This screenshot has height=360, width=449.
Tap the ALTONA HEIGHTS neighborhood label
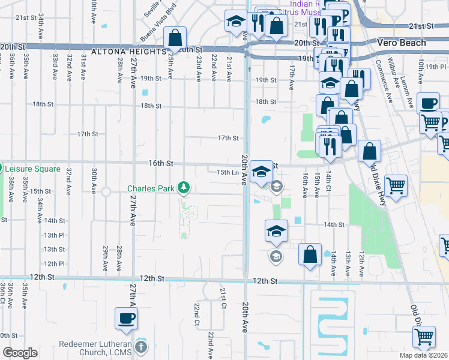click(x=142, y=52)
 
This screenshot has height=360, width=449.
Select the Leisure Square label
click(x=34, y=169)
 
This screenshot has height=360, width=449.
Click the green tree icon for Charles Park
click(x=184, y=188)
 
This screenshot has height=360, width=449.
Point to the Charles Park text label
click(x=151, y=188)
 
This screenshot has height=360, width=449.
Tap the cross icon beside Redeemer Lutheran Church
click(x=140, y=347)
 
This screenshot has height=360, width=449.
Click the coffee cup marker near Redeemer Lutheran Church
click(x=126, y=319)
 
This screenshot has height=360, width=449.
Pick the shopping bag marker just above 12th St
click(x=309, y=254)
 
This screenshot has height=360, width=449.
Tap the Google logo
click(x=20, y=353)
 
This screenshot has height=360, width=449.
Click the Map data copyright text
click(x=423, y=355)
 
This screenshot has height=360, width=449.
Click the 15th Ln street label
click(x=228, y=172)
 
